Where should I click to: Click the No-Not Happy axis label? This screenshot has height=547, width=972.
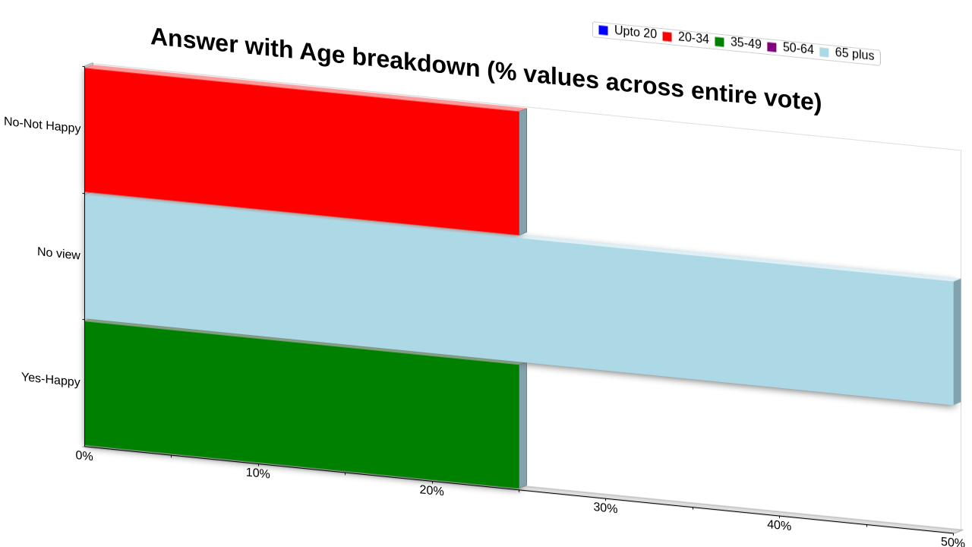[x=42, y=125]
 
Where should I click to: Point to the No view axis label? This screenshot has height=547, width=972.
[x=58, y=253]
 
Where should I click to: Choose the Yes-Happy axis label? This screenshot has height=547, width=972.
[x=51, y=379]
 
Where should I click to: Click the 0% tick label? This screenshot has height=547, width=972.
[x=84, y=456]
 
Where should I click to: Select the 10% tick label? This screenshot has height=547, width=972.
[x=257, y=473]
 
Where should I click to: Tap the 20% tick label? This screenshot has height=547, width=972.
[x=432, y=491]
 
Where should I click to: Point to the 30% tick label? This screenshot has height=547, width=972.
[x=605, y=507]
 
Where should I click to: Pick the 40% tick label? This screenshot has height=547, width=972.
[x=779, y=525]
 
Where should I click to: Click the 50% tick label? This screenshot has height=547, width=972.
[x=953, y=542]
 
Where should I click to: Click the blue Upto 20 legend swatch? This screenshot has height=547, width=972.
[x=603, y=30]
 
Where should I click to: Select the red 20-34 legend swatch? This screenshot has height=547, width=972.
[x=667, y=37]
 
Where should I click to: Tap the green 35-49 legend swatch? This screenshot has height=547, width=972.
[x=719, y=42]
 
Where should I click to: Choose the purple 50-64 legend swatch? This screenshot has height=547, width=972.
[x=772, y=47]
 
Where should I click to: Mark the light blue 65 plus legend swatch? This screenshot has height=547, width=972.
[x=824, y=52]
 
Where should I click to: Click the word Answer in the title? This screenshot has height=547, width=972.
[x=194, y=40]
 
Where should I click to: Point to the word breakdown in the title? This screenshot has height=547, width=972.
[x=415, y=63]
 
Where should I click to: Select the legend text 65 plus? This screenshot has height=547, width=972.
[x=854, y=53]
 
